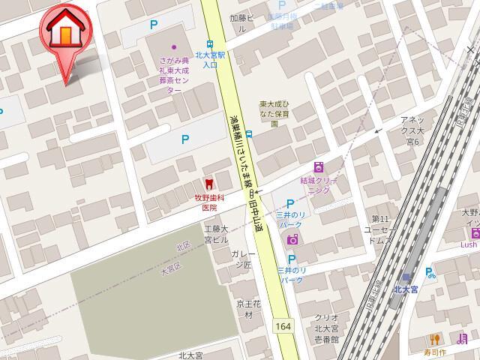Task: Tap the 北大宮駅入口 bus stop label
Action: (x=211, y=59)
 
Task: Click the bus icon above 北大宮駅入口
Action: (x=211, y=43)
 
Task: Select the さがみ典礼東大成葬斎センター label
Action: (x=175, y=73)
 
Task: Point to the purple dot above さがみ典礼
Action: (x=174, y=47)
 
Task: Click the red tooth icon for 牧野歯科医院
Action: (x=208, y=183)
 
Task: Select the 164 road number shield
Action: (x=283, y=326)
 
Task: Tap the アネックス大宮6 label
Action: (x=414, y=130)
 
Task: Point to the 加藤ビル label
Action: (x=242, y=22)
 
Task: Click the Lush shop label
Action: (x=469, y=244)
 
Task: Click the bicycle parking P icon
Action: (x=430, y=274)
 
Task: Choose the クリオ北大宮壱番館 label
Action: (x=327, y=328)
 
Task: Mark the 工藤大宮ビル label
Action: (x=215, y=234)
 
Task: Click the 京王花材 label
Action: (x=247, y=309)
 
